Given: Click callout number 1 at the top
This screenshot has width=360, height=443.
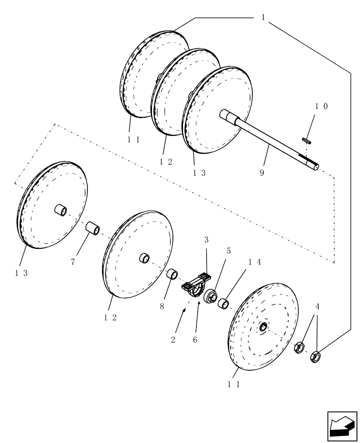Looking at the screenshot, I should [263, 18].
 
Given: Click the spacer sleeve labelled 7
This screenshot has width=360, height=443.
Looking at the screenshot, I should [93, 229].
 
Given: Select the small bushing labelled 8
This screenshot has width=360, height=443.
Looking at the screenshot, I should [172, 275].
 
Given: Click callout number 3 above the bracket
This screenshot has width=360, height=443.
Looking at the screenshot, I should [206, 240].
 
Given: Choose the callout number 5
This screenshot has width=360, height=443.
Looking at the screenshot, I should [229, 251].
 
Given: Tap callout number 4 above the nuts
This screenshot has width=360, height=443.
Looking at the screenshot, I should [317, 306].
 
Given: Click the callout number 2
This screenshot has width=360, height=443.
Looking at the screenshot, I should [173, 340].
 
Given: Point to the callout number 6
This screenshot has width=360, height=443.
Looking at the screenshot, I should [195, 340].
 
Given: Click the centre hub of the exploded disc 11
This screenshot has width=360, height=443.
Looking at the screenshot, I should [263, 327].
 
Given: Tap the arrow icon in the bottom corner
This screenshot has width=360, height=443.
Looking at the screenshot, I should [341, 426].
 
